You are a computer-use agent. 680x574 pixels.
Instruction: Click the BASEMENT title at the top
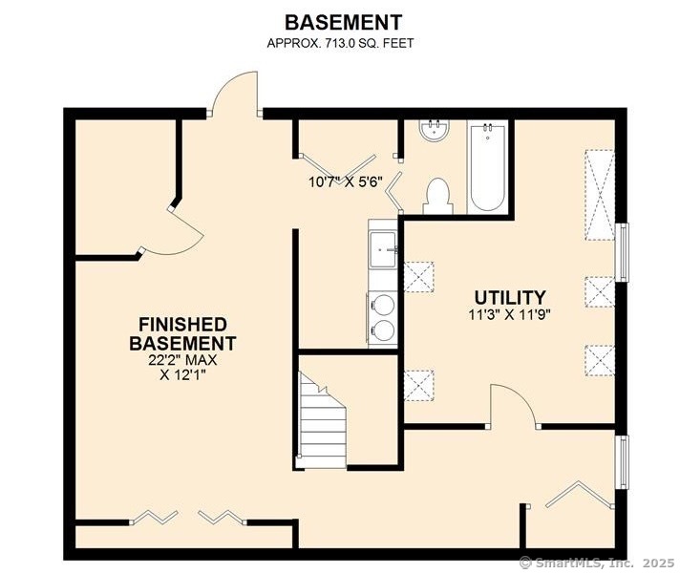[343, 23]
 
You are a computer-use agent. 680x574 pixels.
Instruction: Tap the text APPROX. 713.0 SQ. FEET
[340, 43]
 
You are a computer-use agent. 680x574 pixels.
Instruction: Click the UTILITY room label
[510, 298]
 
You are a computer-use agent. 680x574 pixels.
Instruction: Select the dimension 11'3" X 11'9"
[510, 315]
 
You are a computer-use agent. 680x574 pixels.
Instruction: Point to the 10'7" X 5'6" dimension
[346, 181]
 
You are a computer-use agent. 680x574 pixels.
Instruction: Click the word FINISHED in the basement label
[182, 325]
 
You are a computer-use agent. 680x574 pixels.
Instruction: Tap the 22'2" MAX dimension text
[182, 360]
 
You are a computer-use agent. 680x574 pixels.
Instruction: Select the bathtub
[487, 167]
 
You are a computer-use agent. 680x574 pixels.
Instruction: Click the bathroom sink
[435, 130]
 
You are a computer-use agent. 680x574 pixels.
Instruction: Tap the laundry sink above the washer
[382, 249]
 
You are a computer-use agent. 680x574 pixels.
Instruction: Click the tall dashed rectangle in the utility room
[600, 195]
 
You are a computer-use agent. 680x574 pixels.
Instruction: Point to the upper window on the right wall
[623, 252]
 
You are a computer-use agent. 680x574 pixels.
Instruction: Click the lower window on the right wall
[623, 462]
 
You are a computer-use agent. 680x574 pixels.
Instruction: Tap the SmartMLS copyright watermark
[598, 563]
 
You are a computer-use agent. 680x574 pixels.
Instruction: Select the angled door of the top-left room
[185, 231]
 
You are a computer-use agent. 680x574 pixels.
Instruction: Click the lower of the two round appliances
[383, 330]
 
